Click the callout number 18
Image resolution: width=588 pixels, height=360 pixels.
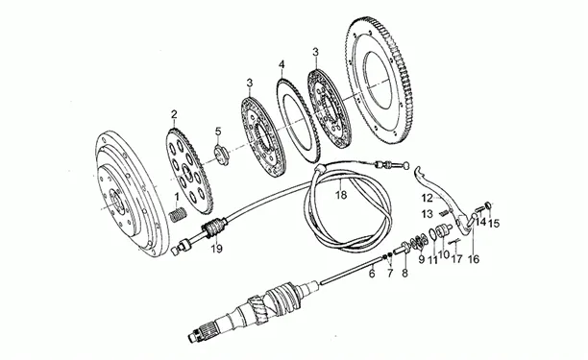[x=341, y=195]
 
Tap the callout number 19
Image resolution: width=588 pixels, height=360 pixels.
[x=216, y=249]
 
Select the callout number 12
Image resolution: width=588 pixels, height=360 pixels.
[x=427, y=198]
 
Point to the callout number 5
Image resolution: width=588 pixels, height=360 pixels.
[x=218, y=132]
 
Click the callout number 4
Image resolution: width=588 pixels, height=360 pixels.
[x=282, y=65]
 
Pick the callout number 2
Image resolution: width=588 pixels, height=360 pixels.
[x=174, y=114]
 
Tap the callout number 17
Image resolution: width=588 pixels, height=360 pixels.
[x=456, y=258]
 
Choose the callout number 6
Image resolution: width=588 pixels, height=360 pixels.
[x=372, y=274]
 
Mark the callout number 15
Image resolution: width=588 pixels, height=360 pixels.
[x=494, y=224]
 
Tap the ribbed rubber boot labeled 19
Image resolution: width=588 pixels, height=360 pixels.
[x=215, y=228]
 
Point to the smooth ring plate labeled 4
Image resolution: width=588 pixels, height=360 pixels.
[x=299, y=120]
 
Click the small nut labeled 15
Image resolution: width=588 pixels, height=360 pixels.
[x=488, y=204]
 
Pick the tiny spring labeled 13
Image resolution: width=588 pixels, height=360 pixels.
[x=444, y=212]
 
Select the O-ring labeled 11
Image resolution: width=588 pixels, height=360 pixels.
[x=432, y=233]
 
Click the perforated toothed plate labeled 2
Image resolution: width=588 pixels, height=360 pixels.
[x=188, y=171]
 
